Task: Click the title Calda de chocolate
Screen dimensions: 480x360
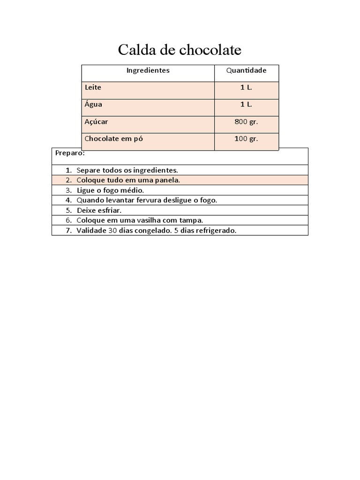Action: [x=180, y=50]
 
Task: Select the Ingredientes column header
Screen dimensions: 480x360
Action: [x=148, y=71]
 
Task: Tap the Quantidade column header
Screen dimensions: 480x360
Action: [x=246, y=71]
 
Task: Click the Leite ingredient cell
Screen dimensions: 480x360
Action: [x=93, y=88]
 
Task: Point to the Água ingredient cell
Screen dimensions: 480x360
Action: [x=93, y=105]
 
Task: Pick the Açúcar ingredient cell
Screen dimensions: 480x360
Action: [x=97, y=122]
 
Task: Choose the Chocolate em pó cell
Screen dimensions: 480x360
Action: [x=113, y=139]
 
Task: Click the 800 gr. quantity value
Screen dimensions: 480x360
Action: [x=246, y=122]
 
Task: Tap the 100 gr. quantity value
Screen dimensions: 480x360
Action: [x=246, y=139]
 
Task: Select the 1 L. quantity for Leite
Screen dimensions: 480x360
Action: [x=246, y=88]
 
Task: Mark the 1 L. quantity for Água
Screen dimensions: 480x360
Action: [x=246, y=105]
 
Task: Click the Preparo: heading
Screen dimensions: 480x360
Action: [x=70, y=153]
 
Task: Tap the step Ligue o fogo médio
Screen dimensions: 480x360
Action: [x=110, y=190]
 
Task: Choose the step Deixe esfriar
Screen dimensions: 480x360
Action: [x=99, y=210]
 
